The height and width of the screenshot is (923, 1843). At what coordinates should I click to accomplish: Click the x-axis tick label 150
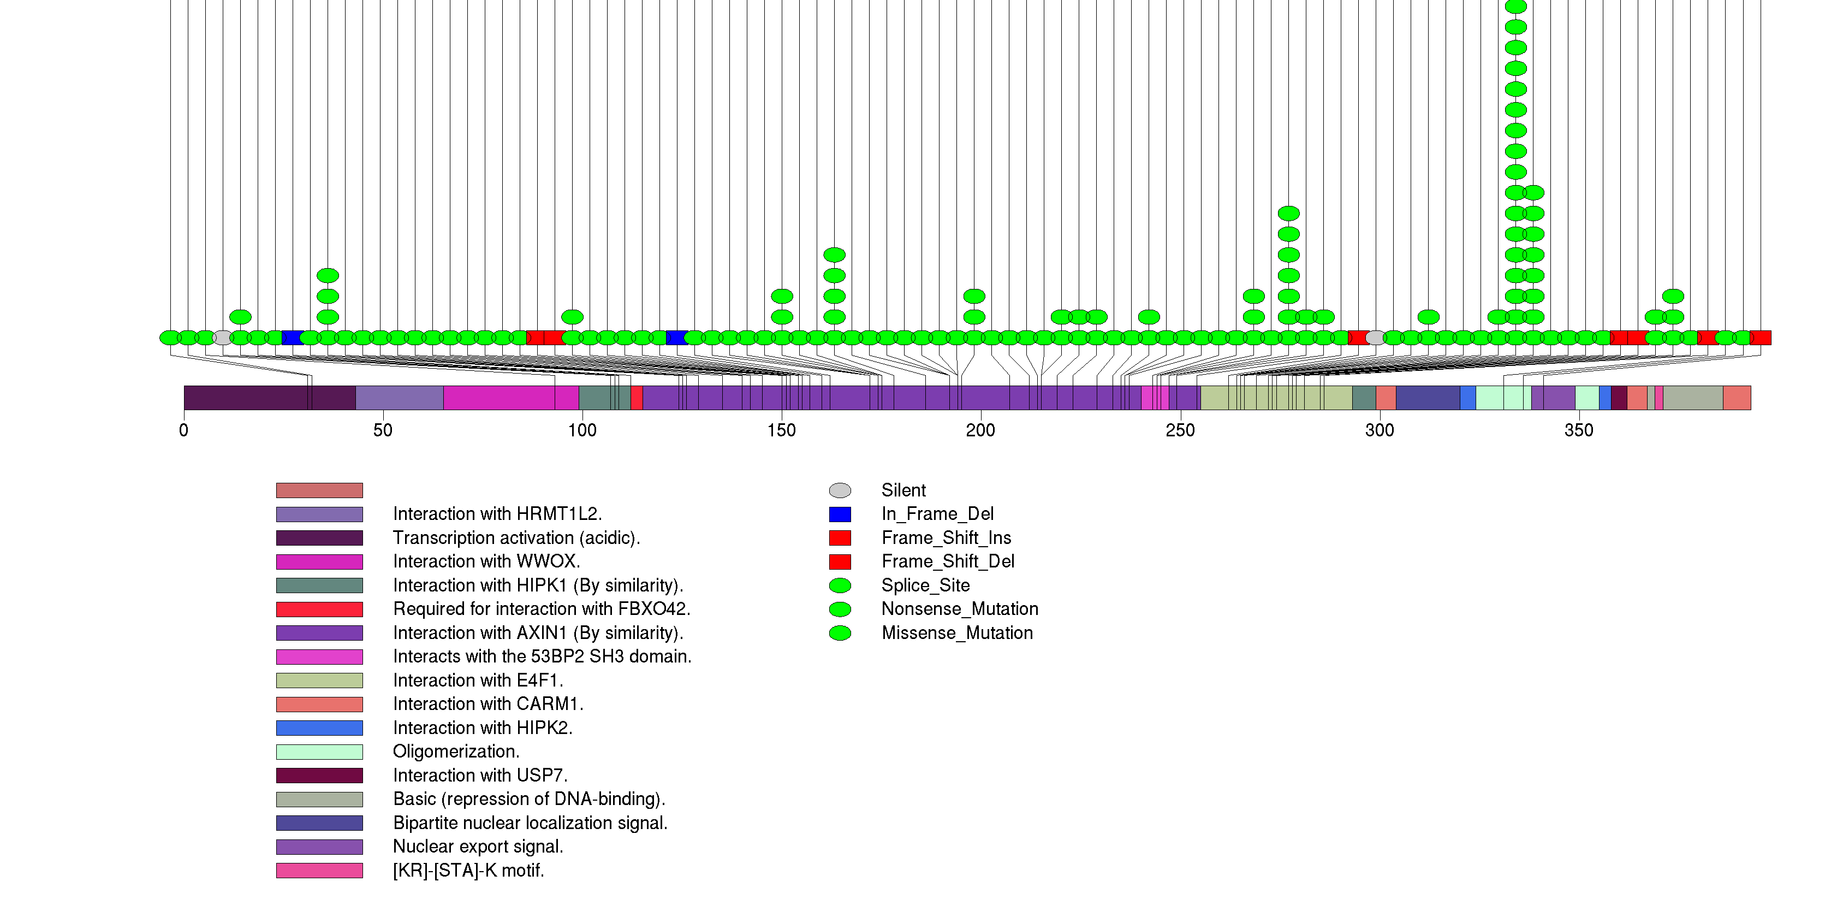[781, 430]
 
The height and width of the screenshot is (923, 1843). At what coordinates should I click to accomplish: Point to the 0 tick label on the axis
[184, 430]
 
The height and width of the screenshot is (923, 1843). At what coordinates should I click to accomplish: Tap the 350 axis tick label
[1578, 430]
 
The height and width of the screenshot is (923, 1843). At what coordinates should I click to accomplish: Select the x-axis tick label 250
[1180, 430]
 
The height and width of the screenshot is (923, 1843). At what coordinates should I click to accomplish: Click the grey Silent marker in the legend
[840, 490]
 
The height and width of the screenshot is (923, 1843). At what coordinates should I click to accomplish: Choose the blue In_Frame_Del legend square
[840, 514]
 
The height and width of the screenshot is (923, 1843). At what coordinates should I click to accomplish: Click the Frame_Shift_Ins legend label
[946, 537]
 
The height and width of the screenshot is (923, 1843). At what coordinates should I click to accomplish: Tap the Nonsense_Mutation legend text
[959, 609]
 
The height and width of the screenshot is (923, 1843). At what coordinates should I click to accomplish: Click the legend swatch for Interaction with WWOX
[319, 561]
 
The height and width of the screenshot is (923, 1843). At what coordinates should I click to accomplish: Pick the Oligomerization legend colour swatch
[319, 752]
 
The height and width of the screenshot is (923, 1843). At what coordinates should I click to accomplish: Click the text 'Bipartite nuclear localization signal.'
[530, 823]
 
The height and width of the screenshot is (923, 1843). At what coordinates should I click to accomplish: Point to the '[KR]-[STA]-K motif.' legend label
[468, 870]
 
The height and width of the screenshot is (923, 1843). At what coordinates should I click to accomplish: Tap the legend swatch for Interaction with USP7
[319, 775]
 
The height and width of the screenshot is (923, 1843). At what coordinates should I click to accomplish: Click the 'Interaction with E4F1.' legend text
[478, 680]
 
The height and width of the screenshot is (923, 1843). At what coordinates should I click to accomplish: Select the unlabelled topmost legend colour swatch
[319, 490]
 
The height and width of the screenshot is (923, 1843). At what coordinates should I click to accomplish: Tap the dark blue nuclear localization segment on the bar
[1428, 398]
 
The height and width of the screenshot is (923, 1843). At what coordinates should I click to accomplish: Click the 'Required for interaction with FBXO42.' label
[542, 609]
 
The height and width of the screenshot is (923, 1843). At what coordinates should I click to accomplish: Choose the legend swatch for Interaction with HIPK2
[319, 727]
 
